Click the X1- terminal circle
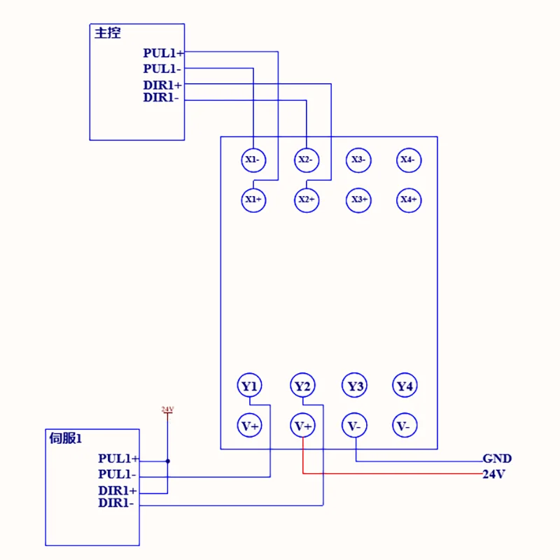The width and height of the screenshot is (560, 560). [253, 160]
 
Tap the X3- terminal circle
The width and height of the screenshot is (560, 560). [358, 160]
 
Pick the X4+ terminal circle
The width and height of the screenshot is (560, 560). [408, 200]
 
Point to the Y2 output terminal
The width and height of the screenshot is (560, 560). [302, 386]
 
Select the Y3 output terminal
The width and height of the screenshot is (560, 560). [356, 386]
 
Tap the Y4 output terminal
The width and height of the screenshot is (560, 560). [405, 386]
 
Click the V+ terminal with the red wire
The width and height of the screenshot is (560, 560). [302, 426]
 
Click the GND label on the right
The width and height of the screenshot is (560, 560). [497, 459]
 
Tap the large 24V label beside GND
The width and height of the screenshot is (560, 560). [493, 475]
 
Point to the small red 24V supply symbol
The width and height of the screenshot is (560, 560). [167, 409]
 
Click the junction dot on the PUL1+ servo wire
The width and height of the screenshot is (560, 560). [167, 461]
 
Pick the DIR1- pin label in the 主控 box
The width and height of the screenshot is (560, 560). [161, 98]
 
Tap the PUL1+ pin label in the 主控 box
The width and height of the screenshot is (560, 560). [164, 53]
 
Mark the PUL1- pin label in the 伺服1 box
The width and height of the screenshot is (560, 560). [117, 475]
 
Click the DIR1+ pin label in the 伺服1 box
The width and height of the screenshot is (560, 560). [118, 491]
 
